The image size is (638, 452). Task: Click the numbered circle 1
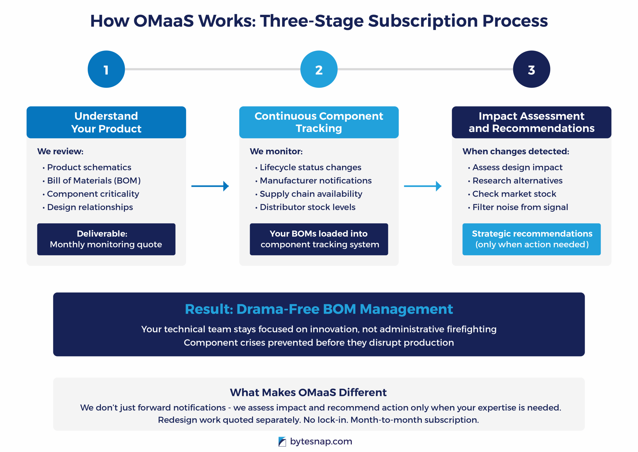point(106,69)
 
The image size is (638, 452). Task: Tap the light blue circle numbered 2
point(319,69)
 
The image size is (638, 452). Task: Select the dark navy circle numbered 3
point(531,69)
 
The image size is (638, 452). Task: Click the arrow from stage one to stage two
point(210,186)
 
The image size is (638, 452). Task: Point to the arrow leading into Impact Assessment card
point(422,186)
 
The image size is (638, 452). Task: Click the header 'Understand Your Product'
point(106,122)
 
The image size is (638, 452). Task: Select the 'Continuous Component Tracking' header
point(319,122)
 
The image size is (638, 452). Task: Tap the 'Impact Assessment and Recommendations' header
point(531,122)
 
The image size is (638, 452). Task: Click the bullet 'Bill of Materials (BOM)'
point(94,181)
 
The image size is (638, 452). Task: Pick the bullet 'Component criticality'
point(93,194)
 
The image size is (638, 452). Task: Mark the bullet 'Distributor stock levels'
point(307,207)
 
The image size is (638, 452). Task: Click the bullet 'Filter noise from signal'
point(520,207)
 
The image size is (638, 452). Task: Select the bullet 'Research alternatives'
point(517,181)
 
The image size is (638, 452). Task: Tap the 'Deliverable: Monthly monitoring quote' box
point(106,239)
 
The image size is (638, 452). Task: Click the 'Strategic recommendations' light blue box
point(531,239)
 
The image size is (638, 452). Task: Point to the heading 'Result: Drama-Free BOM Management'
point(319,309)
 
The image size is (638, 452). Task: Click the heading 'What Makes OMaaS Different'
point(308,392)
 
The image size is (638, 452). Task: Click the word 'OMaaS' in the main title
point(163,21)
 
